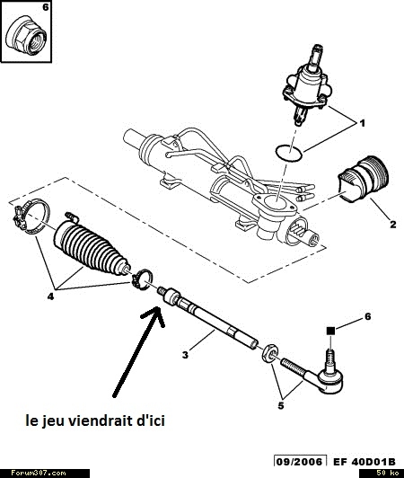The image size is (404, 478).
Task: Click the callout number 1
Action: [x=362, y=123]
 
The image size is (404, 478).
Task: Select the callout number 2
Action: [x=393, y=225]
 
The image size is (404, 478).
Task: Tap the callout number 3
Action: [x=186, y=355]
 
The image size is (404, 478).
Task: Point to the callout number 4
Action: [x=50, y=296]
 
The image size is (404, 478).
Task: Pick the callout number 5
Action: [x=281, y=405]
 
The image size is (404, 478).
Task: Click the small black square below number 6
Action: [x=330, y=331]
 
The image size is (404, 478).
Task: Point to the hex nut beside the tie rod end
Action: [x=269, y=353]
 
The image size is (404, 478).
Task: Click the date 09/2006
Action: [x=299, y=462]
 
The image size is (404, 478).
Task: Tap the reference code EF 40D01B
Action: [x=364, y=462]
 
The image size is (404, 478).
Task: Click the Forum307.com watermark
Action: [x=39, y=474]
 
